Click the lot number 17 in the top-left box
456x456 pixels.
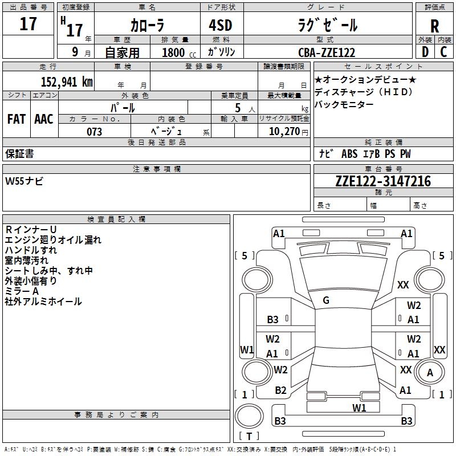pos(28,25)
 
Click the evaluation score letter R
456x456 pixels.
pos(434,26)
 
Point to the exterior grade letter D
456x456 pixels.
pos(424,51)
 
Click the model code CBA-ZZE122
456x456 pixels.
pos(327,52)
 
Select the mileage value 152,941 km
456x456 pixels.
pos(66,82)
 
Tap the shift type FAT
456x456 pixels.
pos(17,119)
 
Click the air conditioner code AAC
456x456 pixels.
pos(44,119)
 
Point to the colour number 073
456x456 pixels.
pos(95,132)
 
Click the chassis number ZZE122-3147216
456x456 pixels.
pos(383,181)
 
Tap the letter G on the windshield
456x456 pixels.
pos(325,300)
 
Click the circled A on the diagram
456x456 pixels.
pos(430,373)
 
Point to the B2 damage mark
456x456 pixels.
pos(280,390)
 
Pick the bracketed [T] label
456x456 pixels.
pos(249,437)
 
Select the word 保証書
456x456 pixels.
pos(19,153)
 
